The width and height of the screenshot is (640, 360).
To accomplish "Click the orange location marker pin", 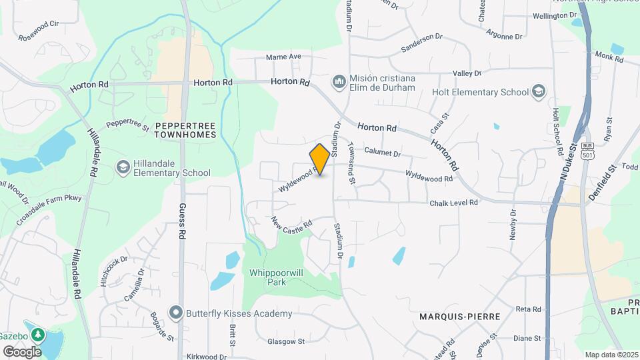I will point(320,159).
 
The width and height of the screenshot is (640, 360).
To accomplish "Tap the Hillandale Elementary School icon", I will point(123,167).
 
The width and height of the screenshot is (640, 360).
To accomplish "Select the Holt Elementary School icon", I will point(538,92).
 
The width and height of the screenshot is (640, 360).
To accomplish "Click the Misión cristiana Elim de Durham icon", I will point(339,82).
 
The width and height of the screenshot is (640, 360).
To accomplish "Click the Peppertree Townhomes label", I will point(185,129).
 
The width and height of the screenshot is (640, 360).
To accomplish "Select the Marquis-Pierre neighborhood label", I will point(459,316).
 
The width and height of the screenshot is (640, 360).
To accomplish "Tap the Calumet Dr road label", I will point(383,153).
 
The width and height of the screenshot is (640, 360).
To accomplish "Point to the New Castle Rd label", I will point(292,224).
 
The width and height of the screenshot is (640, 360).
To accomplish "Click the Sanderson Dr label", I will point(421,43).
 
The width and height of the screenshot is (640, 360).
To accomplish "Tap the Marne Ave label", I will point(284,57).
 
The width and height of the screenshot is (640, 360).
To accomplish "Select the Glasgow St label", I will point(286,341).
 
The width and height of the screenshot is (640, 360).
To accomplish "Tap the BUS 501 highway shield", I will point(587,151).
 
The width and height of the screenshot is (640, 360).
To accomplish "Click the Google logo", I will point(22,351).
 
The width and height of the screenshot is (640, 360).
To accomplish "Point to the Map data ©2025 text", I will point(610,355).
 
